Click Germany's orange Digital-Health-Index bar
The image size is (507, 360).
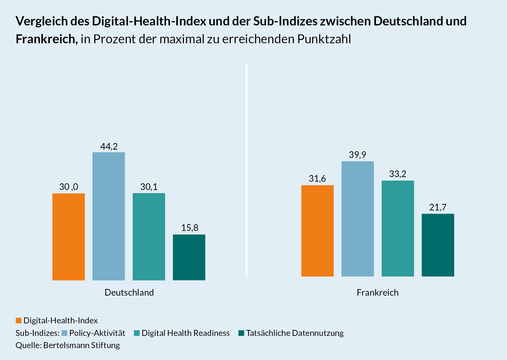point(69,237)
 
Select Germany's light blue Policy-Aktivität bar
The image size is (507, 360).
point(109,216)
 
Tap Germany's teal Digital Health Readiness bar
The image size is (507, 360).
point(149,237)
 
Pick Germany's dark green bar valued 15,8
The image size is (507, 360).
point(189,257)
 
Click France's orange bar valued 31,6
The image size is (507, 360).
point(318,231)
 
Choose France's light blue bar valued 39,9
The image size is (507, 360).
point(357,219)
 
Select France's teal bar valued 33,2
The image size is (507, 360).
point(398,229)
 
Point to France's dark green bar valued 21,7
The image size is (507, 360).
point(438,245)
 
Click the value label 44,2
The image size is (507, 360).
point(109,146)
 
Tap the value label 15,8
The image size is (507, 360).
point(189,228)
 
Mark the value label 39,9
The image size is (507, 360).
point(357,155)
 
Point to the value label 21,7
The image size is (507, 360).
point(438,207)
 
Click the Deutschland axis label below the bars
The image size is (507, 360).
point(129,293)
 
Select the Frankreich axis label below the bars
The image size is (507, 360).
point(378,293)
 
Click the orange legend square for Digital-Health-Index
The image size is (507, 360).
point(19,321)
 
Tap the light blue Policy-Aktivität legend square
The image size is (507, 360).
point(64,333)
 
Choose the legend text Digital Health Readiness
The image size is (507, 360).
point(186,333)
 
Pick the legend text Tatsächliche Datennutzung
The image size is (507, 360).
point(295,333)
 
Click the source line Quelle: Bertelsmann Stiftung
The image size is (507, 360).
point(68,345)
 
